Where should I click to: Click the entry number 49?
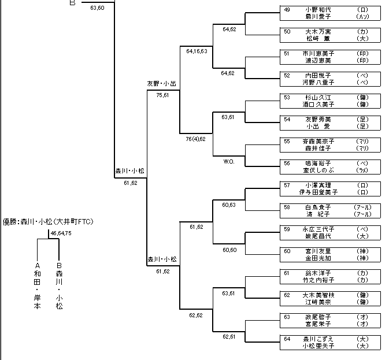[x=287, y=10]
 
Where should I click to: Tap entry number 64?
[x=287, y=338]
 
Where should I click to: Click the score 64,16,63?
[x=197, y=51]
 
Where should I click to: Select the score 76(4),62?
[x=195, y=139]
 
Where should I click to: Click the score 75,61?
[x=162, y=95]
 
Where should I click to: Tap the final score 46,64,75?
[x=61, y=233]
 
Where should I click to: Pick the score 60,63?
[x=228, y=205]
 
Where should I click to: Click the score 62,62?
[x=195, y=316]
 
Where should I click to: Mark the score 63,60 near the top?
[x=98, y=7]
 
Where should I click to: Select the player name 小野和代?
[x=319, y=10]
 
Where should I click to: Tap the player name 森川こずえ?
[x=319, y=338]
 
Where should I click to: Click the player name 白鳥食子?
[x=319, y=207]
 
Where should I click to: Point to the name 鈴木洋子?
[x=319, y=272]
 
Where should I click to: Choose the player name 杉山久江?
[x=319, y=98]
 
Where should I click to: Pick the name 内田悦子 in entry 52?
[x=319, y=76]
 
